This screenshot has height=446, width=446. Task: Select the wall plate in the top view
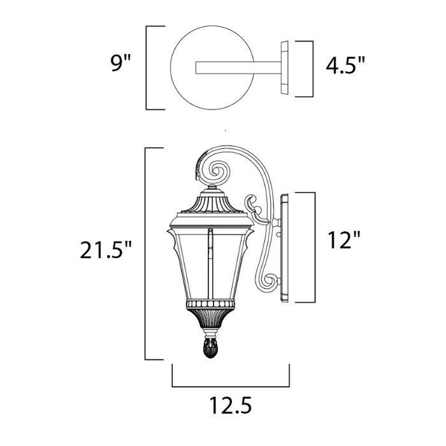[x=284, y=68]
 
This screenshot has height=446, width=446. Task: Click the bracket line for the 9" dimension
[x=148, y=67]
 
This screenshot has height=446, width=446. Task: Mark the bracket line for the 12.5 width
[x=231, y=386]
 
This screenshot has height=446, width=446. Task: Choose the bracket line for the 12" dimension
[x=315, y=247]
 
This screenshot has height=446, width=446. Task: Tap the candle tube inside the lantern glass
[x=208, y=261]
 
